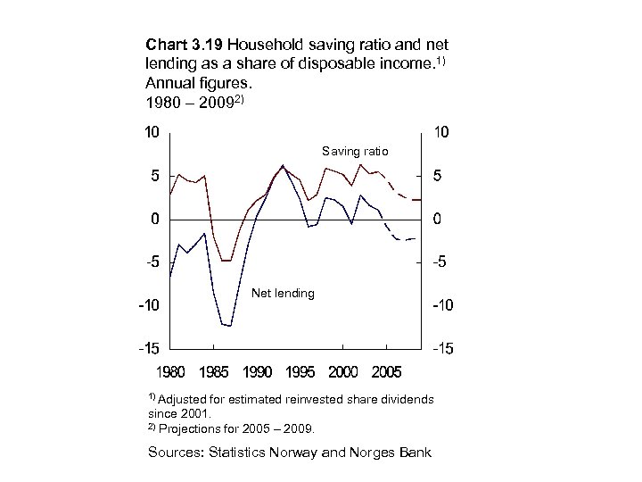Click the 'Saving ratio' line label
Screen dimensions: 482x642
[355, 152]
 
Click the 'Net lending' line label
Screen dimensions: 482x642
[284, 293]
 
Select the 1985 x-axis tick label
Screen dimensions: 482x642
[214, 370]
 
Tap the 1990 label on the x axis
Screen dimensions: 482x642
[257, 370]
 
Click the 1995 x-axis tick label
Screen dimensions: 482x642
[300, 370]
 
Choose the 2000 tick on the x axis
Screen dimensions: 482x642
[343, 370]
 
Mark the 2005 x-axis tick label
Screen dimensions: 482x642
[386, 370]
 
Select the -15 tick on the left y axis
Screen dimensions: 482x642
[148, 349]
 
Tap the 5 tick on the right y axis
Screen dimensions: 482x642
[436, 176]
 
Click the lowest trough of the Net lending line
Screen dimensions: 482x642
[230, 326]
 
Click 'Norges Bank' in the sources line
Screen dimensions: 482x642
[395, 453]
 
